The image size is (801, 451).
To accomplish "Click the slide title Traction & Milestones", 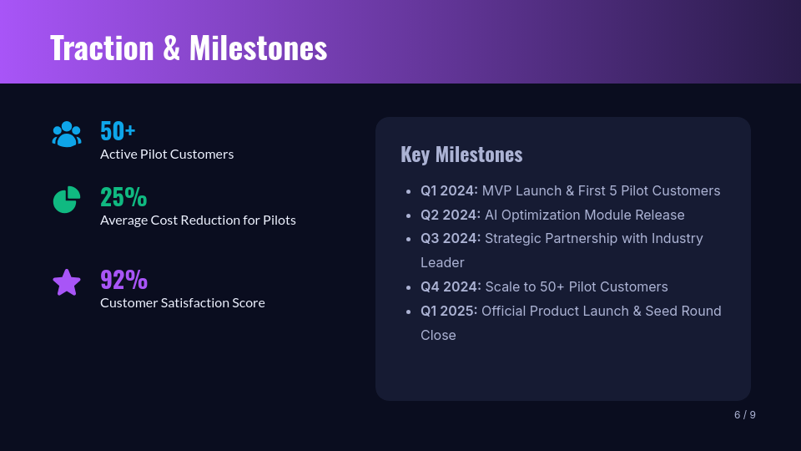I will click(x=189, y=48).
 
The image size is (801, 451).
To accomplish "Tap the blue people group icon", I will click(x=67, y=134).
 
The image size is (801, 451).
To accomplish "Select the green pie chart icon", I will click(x=67, y=200).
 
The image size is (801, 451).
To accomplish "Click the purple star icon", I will click(x=67, y=282).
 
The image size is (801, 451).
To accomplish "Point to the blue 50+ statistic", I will click(x=118, y=131).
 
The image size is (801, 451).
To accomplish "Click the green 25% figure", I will click(x=123, y=197).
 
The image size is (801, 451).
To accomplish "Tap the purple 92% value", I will click(x=123, y=279).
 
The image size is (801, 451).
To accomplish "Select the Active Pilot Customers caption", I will click(x=167, y=155).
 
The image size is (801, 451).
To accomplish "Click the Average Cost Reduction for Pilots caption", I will click(x=198, y=220).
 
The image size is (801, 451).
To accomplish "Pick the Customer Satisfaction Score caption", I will click(x=183, y=302).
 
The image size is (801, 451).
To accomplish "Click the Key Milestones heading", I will click(x=461, y=155).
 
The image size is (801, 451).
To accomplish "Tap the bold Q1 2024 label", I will click(x=449, y=190).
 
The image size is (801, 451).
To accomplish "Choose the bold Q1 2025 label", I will click(x=449, y=311).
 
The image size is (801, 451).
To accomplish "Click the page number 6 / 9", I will click(x=745, y=415).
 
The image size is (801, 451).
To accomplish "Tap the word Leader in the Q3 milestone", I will click(x=442, y=262).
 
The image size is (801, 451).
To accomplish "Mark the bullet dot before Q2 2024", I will click(x=408, y=215).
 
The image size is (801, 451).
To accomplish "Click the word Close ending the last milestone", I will click(x=438, y=335).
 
